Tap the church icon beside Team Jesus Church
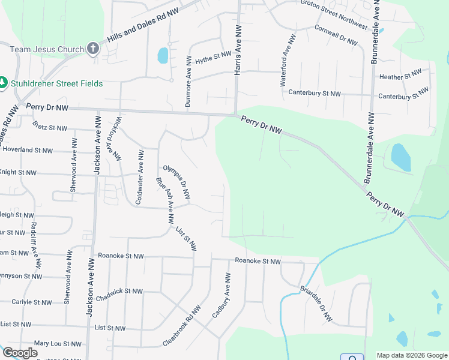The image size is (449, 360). tap(92, 49)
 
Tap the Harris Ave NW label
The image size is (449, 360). tap(238, 50)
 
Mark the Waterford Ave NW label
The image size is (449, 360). tap(288, 60)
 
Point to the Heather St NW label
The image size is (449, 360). tap(400, 76)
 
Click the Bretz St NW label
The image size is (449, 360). tap(50, 127)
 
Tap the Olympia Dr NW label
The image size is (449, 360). tap(176, 182)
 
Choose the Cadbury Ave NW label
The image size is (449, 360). tap(221, 295)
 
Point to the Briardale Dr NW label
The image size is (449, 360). tap(316, 304)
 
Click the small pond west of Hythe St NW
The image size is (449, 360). tap(163, 56)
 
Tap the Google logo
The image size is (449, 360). tap(20, 353)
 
